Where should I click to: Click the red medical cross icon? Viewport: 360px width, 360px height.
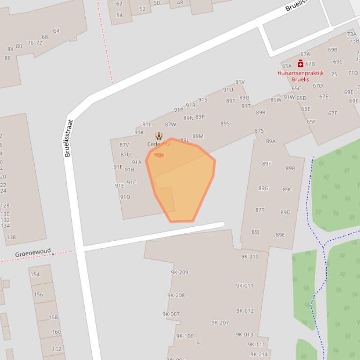click(x=301, y=64)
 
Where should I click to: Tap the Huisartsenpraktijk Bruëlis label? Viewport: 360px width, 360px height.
click(x=300, y=76)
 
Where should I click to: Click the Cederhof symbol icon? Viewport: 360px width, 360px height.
click(x=159, y=136)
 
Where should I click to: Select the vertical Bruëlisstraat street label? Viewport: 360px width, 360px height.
click(x=69, y=138)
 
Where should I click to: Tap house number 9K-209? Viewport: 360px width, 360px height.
click(x=179, y=273)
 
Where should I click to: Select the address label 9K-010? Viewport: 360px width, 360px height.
click(x=250, y=257)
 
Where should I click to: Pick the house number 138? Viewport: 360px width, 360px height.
click(x=11, y=237)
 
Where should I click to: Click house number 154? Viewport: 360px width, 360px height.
click(x=35, y=274)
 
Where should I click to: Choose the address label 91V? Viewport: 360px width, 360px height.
click(x=240, y=82)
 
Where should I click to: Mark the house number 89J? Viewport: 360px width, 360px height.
click(x=255, y=232)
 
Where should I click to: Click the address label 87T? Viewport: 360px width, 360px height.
click(x=260, y=210)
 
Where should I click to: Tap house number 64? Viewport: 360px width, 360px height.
click(x=56, y=31)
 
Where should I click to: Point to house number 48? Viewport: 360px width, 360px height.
click(x=180, y=3)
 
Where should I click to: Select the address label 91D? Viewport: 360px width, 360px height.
click(x=125, y=197)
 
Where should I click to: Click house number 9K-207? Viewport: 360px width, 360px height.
click(x=220, y=323)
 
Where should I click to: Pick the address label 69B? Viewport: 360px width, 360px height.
click(x=332, y=50)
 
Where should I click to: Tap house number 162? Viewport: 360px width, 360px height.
click(x=57, y=349)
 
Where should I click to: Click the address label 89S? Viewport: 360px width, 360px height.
click(x=225, y=123)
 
